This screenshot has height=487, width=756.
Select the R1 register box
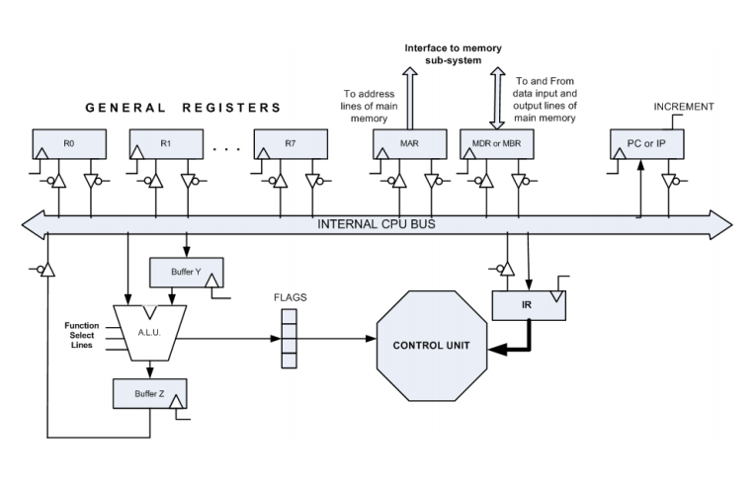click(x=165, y=144)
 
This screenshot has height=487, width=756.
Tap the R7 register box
click(x=289, y=144)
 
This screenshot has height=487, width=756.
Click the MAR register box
click(x=405, y=144)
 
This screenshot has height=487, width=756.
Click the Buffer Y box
click(x=185, y=269)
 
